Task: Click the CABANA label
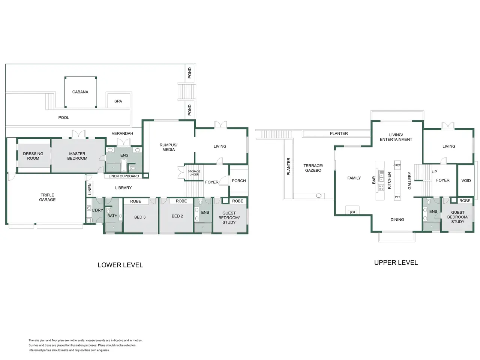pyautogui.click(x=80, y=92)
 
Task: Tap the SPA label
pyautogui.click(x=118, y=101)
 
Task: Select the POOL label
pyautogui.click(x=64, y=118)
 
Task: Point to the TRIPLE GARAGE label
pyautogui.click(x=47, y=197)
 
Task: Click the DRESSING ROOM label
pyautogui.click(x=33, y=156)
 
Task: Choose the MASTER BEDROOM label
pyautogui.click(x=77, y=156)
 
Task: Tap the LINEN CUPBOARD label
pyautogui.click(x=124, y=176)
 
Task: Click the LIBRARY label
pyautogui.click(x=123, y=188)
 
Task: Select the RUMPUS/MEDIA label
pyautogui.click(x=168, y=147)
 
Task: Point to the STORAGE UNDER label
pyautogui.click(x=194, y=173)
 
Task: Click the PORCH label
pyautogui.click(x=239, y=181)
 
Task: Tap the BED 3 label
pyautogui.click(x=140, y=217)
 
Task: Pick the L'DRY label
pyautogui.click(x=97, y=210)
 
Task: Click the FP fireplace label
pyautogui.click(x=352, y=212)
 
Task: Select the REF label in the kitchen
pyautogui.click(x=398, y=165)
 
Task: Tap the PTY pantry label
pyautogui.click(x=397, y=197)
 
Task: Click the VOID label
pyautogui.click(x=466, y=180)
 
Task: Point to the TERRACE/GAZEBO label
pyautogui.click(x=313, y=168)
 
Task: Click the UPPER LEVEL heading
pyautogui.click(x=396, y=262)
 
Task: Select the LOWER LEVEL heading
pyautogui.click(x=120, y=265)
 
